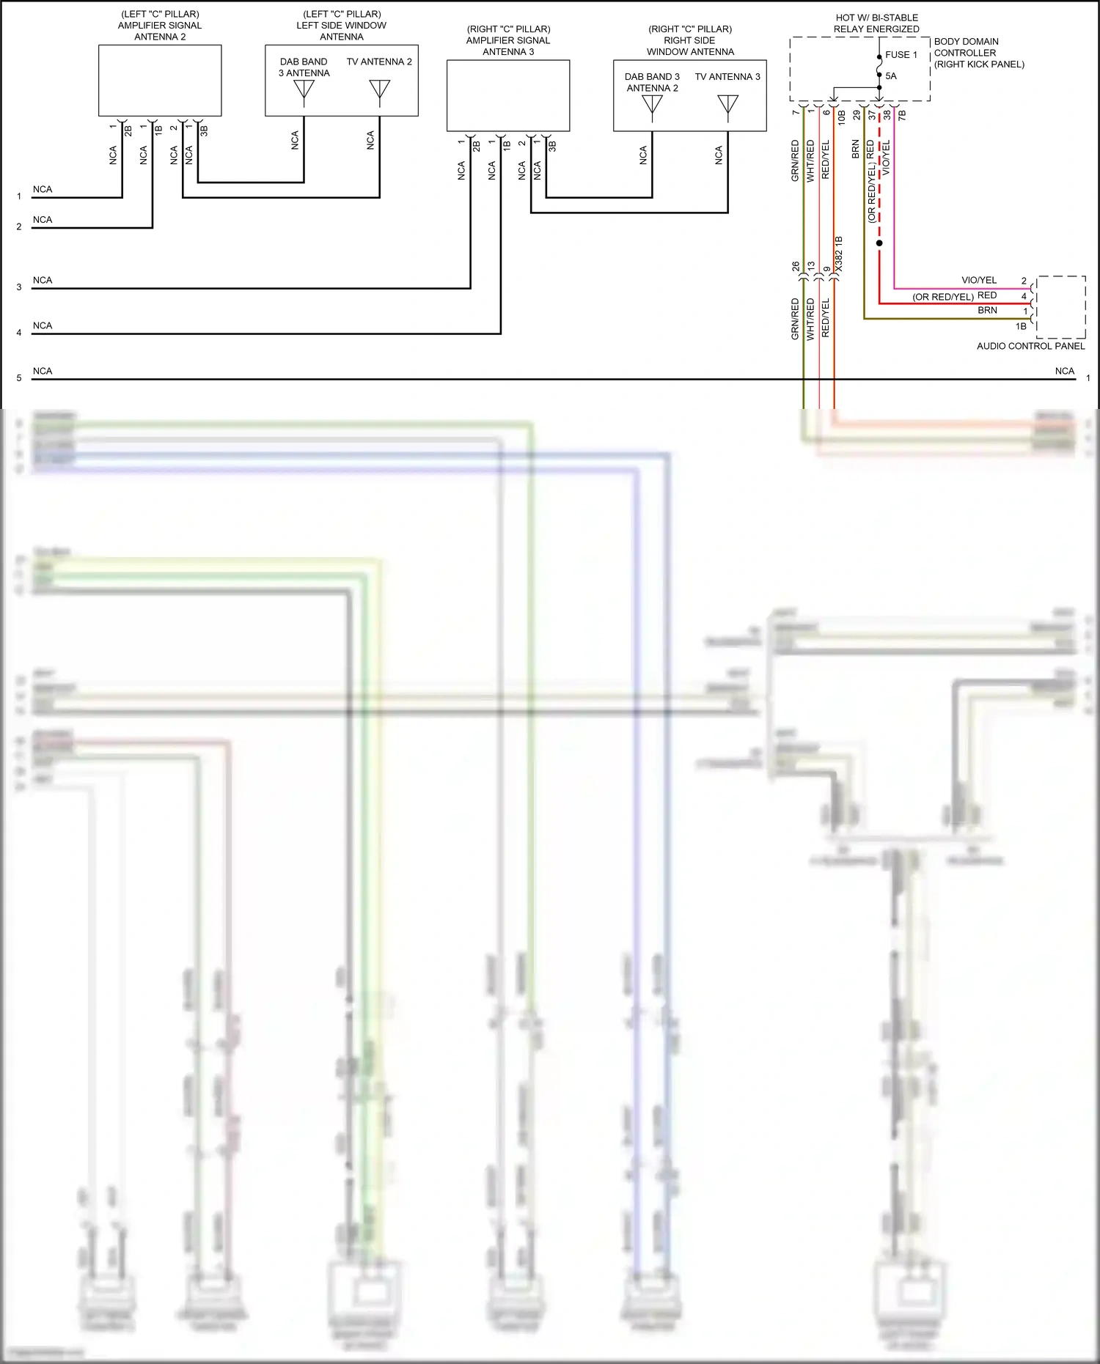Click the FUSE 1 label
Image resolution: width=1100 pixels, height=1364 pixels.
(901, 55)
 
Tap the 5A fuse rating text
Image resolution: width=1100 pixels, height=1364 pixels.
(891, 76)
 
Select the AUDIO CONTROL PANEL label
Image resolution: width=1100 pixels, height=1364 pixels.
(1030, 346)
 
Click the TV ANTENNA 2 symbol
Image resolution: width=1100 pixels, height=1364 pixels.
(379, 89)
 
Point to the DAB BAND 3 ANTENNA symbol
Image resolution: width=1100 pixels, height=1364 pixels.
(304, 89)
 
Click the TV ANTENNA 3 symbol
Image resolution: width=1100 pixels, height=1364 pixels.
(727, 105)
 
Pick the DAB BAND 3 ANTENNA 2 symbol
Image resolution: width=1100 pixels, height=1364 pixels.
(652, 105)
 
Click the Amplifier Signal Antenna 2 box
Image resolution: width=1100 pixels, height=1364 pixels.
(160, 81)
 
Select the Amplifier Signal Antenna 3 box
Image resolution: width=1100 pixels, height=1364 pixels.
(508, 95)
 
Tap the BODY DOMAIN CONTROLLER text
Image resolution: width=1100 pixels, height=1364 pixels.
(967, 48)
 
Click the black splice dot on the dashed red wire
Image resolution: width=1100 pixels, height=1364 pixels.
(879, 243)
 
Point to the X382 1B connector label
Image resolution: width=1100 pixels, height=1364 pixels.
(839, 254)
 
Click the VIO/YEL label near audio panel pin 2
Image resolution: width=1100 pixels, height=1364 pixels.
(979, 281)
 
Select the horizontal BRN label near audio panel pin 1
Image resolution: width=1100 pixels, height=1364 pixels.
(987, 311)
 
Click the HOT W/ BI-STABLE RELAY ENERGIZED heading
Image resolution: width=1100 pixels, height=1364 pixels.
(876, 23)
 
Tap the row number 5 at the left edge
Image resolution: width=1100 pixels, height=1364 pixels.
(19, 378)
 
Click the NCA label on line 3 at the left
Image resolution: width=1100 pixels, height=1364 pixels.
(43, 280)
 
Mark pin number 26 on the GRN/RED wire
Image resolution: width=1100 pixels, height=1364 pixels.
(796, 267)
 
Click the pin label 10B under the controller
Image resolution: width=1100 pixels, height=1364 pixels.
(841, 116)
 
